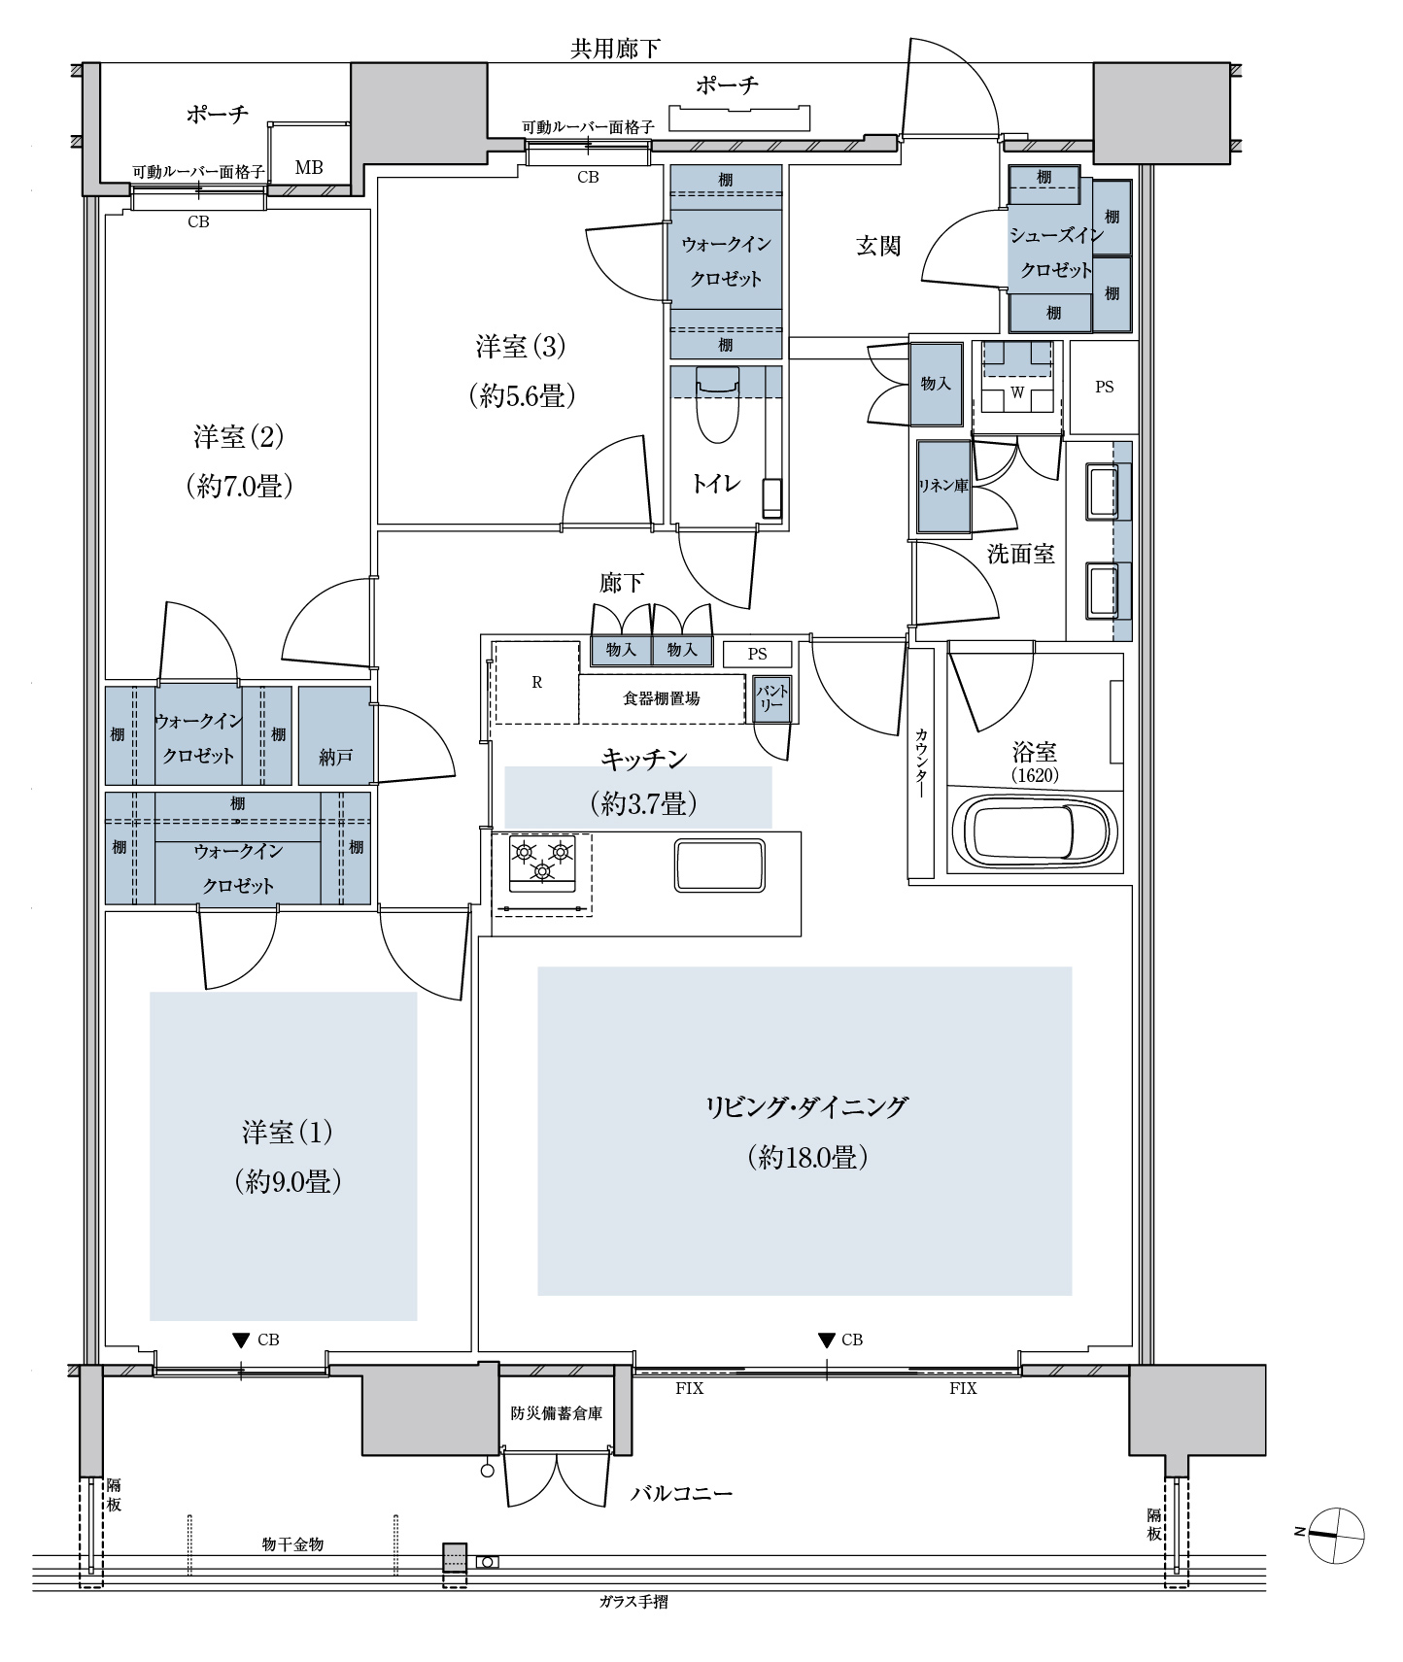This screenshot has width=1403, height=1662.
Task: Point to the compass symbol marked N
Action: [1335, 1536]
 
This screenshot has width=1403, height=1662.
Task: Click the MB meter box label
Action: [309, 168]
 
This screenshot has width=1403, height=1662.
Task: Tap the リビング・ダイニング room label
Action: [805, 1106]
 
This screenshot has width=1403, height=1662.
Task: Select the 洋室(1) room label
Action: [287, 1132]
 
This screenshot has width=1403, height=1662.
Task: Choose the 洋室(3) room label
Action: [521, 346]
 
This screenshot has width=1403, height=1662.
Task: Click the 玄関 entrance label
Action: [878, 246]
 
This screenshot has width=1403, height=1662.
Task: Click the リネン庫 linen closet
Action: [944, 487]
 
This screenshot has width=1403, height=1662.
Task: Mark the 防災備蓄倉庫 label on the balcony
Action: [557, 1412]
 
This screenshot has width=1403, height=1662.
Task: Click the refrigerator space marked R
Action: [536, 682]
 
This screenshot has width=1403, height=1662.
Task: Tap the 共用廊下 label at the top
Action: [616, 50]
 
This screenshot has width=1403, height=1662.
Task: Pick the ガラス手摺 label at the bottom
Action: [633, 1602]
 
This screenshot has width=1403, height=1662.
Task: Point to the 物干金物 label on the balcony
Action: [292, 1543]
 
